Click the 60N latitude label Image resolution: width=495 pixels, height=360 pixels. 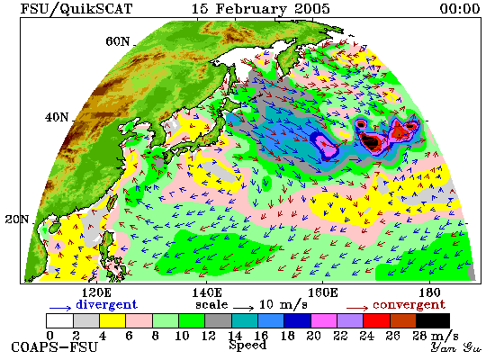(117, 41)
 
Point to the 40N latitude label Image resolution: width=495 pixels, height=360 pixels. (57, 118)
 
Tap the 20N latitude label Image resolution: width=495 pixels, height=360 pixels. (17, 220)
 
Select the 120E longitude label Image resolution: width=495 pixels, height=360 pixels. (96, 293)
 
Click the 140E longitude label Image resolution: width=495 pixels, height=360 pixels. (207, 293)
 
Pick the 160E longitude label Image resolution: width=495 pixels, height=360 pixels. (322, 293)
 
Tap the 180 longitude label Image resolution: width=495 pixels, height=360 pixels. (429, 293)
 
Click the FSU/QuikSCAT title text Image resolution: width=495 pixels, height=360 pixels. (76, 8)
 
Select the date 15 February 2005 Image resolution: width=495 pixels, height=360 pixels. (261, 8)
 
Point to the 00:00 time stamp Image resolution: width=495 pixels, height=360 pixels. (460, 8)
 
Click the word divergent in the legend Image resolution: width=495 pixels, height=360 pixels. (107, 304)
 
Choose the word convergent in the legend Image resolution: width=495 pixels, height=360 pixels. (409, 304)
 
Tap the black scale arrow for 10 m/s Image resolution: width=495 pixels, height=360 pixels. (243, 308)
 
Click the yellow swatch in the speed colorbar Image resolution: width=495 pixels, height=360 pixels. (112, 320)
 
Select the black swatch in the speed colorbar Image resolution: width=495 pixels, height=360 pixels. (433, 320)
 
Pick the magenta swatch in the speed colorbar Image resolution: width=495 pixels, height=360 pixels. (324, 320)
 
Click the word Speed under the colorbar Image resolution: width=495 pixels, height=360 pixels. (247, 345)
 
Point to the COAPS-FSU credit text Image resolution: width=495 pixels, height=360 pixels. (54, 347)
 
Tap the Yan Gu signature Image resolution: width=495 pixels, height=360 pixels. (456, 347)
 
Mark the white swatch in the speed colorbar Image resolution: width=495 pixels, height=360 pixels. (59, 320)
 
